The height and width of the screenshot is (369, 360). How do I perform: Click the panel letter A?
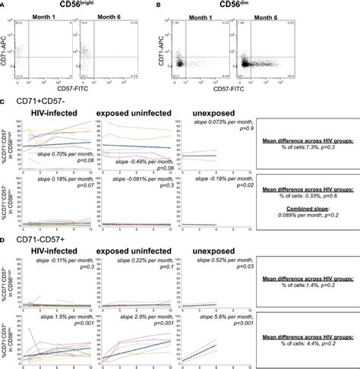(x=3, y=7)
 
